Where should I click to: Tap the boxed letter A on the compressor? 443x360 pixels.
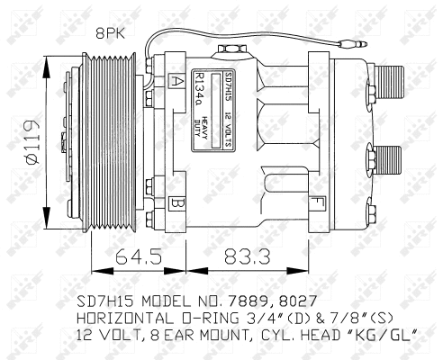tap(173, 80)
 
